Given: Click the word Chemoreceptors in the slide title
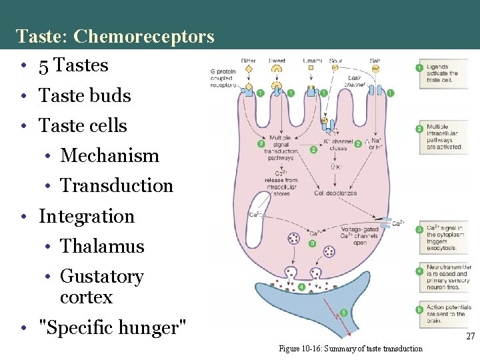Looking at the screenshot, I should coord(144,36).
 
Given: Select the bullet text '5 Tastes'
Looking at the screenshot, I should coord(73,65).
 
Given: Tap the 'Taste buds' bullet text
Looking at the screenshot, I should coord(85,96).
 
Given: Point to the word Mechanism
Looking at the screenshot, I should coord(110,156).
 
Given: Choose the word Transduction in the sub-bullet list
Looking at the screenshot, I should coord(117,186).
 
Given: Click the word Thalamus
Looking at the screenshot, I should coord(102,246).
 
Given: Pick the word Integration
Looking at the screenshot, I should coord(87,216).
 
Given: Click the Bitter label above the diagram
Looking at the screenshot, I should coord(248,61).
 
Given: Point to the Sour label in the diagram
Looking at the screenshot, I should coord(336,61).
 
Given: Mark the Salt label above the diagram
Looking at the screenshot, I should coord(375,61).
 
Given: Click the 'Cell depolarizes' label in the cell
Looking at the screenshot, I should coord(335,193).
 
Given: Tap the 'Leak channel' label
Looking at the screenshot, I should coord(355,81).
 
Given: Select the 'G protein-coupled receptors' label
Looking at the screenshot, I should coord(223,77).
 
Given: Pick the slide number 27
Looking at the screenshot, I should coord(470,337).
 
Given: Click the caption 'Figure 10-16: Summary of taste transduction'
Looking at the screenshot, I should coord(350,349).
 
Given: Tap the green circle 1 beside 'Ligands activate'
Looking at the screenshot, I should coord(419,67).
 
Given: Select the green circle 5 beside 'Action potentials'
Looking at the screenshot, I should coord(419,309).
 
